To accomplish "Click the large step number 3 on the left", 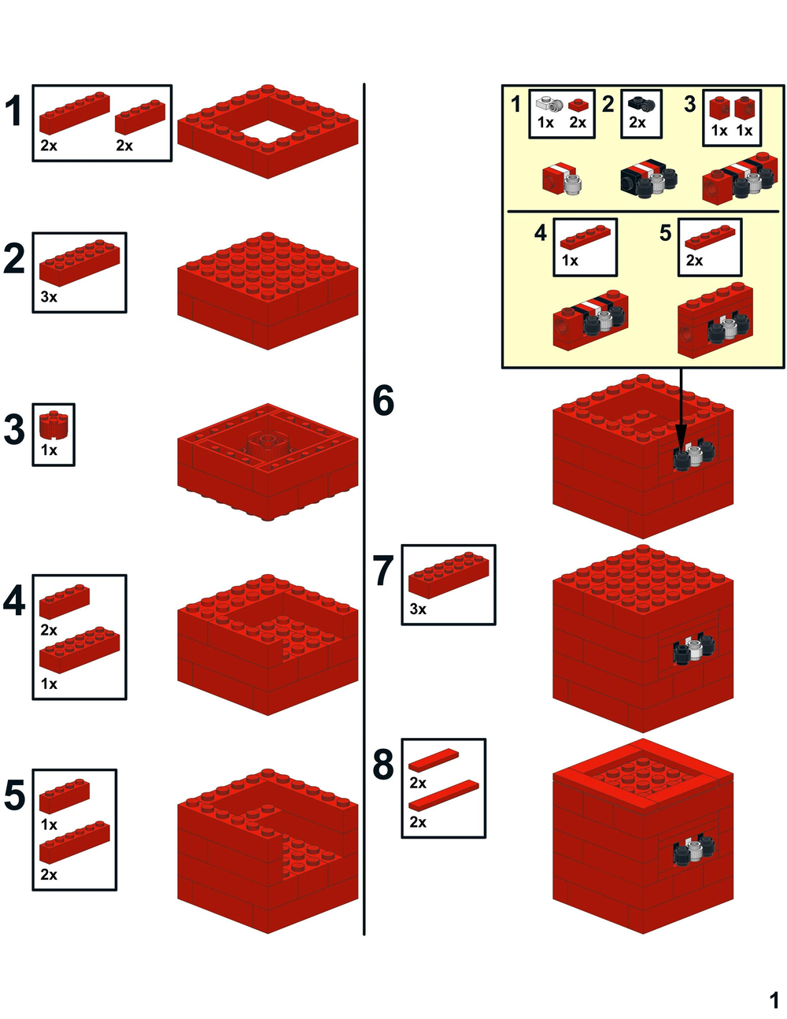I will click(x=14, y=431).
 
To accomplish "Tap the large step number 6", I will click(x=383, y=401).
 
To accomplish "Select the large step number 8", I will click(x=383, y=765).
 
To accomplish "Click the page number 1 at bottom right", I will click(x=774, y=1000).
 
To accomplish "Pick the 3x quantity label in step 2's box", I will click(x=49, y=297).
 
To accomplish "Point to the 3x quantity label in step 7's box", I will click(x=418, y=609).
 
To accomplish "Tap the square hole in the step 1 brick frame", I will click(x=268, y=132).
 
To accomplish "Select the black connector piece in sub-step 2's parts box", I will click(x=641, y=103).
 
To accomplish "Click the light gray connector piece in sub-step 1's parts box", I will click(x=549, y=103).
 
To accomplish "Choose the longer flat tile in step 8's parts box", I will click(x=443, y=795).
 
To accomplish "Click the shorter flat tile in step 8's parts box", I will click(x=433, y=759).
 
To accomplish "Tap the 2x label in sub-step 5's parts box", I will click(x=694, y=260).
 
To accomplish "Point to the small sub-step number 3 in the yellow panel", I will click(x=690, y=104).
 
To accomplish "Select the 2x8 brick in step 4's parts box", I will click(x=79, y=650).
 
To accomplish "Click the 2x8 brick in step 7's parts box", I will click(x=449, y=576).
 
